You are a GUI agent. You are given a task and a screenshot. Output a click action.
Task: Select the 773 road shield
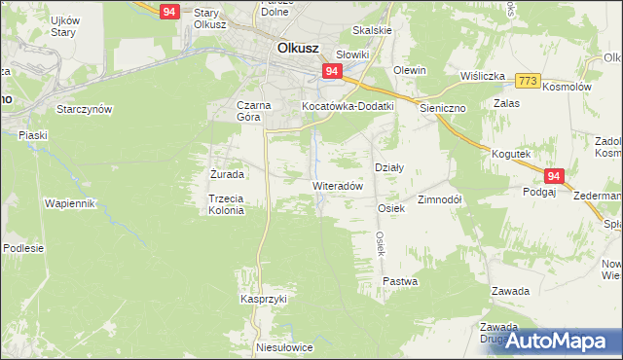click(528, 79)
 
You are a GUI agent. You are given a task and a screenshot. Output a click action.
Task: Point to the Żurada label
click(227, 174)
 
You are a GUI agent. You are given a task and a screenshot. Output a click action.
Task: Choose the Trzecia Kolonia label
click(225, 204)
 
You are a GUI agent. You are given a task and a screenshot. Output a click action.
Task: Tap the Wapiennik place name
click(69, 203)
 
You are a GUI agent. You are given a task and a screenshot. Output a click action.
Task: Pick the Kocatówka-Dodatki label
click(347, 105)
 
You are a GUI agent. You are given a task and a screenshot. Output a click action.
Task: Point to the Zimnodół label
click(439, 199)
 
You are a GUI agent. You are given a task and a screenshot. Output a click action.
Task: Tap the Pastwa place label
click(400, 281)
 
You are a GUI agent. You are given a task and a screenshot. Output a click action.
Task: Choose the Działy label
click(388, 167)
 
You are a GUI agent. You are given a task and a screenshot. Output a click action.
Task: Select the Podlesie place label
click(23, 248)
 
